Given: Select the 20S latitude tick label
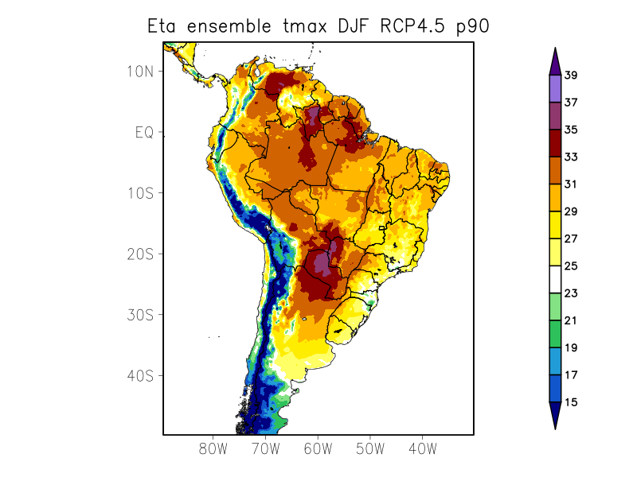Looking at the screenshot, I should [140, 254].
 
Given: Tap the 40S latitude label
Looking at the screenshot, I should [140, 375].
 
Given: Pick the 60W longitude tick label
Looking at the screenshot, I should [318, 448].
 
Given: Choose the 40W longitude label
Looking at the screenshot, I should [422, 448].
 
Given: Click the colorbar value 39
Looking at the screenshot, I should [571, 76].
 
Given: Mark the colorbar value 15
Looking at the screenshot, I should [571, 402].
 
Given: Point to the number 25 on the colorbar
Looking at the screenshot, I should [571, 266].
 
